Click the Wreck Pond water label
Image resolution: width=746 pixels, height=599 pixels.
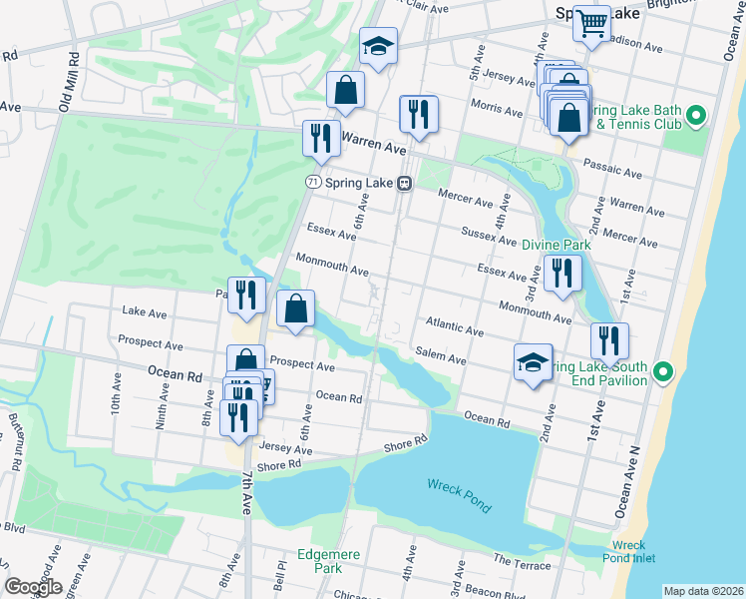[459, 494]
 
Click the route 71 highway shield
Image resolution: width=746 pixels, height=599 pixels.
[313, 183]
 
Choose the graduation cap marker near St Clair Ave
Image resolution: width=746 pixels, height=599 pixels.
[378, 46]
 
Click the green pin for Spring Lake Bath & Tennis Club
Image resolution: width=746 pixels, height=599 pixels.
[695, 115]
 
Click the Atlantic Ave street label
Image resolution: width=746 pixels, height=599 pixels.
[454, 326]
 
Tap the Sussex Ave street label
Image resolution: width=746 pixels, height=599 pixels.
[489, 237]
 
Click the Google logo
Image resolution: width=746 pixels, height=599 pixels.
[32, 587]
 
